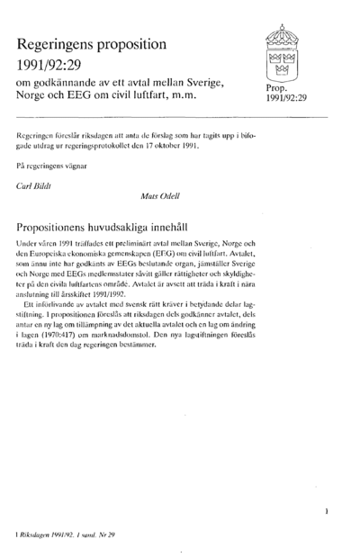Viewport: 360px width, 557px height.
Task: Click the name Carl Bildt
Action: pos(35,186)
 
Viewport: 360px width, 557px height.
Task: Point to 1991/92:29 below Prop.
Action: pos(287,101)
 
